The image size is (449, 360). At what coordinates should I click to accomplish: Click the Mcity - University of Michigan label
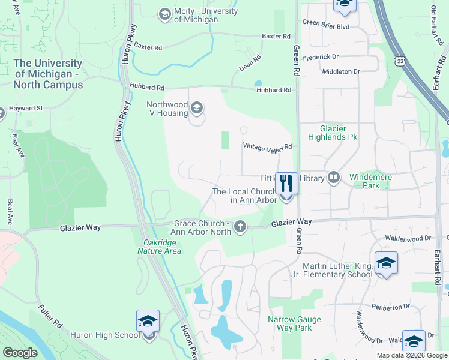tap(196, 15)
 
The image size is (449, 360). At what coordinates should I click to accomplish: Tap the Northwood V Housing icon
tap(197, 109)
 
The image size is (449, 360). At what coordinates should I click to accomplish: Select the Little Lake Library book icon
tap(334, 178)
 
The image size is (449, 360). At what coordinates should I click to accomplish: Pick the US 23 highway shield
tap(400, 61)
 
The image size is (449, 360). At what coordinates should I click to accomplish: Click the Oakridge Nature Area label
tap(158, 247)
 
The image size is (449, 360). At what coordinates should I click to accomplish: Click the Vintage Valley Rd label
tap(267, 146)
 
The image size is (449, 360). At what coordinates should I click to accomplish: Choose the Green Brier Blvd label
tap(325, 27)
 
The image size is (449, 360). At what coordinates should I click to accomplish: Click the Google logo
tap(20, 353)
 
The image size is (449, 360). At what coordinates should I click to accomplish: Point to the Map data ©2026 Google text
tap(411, 355)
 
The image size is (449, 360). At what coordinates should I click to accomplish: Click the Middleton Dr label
tap(340, 71)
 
